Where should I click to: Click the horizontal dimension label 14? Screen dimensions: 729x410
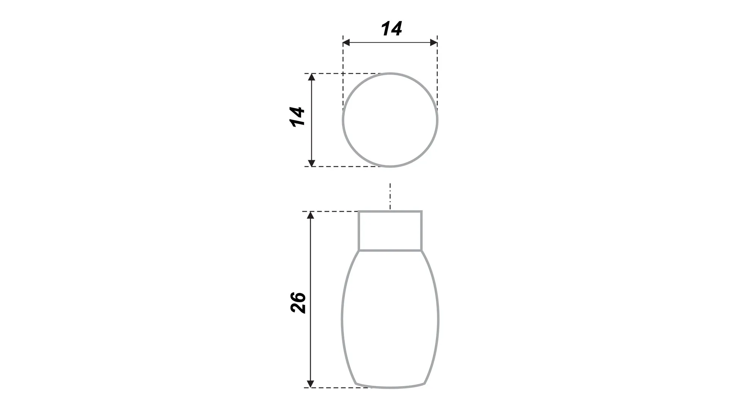click(x=391, y=29)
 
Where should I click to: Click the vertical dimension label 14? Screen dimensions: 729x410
click(x=297, y=117)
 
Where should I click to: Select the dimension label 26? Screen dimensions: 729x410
click(x=298, y=302)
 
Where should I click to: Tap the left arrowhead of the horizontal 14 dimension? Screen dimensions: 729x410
click(x=346, y=43)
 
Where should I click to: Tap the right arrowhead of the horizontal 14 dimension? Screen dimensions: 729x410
click(x=434, y=43)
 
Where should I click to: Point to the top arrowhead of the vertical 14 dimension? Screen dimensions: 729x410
click(x=311, y=77)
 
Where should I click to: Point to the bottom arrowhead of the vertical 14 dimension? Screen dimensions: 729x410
click(x=311, y=163)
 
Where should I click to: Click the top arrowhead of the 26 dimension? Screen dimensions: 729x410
click(x=311, y=215)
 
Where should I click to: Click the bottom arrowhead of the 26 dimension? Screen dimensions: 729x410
click(x=311, y=384)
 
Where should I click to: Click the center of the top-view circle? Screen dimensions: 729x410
click(x=390, y=120)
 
